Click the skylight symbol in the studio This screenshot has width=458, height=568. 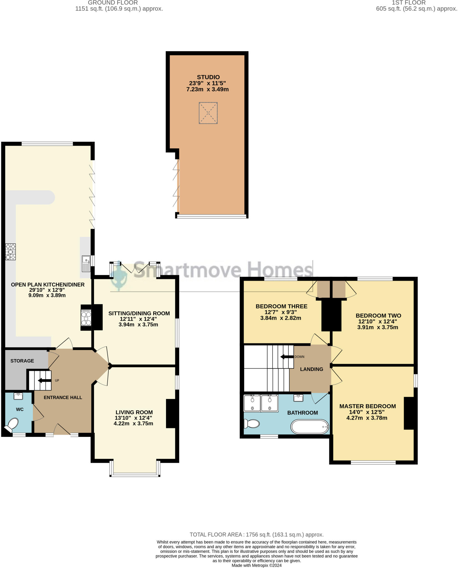208,113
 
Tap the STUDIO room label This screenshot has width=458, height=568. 208,77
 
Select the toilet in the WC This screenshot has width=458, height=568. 12,425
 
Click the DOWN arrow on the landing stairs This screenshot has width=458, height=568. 287,357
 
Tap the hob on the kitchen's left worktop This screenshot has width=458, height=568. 11,252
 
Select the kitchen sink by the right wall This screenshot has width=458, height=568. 86,264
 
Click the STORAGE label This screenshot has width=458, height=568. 22,361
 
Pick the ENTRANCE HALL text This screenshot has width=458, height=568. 63,397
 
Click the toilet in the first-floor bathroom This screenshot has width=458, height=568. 252,424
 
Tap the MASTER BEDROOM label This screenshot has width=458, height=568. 367,406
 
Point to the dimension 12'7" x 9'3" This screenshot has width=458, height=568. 280,312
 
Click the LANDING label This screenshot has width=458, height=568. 311,369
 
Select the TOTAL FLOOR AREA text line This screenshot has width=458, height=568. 256,534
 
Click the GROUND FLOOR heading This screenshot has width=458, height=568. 113,3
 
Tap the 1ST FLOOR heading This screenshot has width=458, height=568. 409,3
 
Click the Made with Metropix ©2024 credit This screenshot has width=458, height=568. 256,565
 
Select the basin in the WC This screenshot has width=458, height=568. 19,396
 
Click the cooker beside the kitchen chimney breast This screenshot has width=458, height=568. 86,318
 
